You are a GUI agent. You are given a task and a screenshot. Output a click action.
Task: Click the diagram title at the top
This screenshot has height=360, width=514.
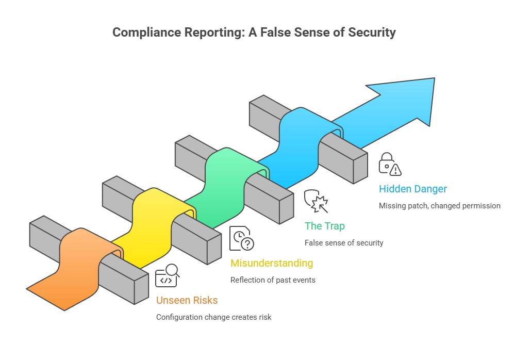(x=254, y=32)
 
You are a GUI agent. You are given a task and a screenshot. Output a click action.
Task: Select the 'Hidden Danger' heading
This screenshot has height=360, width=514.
(x=412, y=189)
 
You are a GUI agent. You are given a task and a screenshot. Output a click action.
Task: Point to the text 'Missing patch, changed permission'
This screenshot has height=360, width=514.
(x=439, y=205)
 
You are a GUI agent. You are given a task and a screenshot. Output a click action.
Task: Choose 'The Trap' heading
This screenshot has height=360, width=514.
(x=324, y=226)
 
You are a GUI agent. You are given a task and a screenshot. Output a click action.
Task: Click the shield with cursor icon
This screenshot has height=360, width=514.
(x=316, y=201)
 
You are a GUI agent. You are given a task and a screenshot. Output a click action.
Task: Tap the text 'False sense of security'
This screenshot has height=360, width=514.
(x=343, y=242)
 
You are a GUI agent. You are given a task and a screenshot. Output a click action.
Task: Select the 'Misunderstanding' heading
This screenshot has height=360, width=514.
(x=271, y=263)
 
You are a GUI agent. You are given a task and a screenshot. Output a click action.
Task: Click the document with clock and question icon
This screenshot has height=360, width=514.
(x=241, y=238)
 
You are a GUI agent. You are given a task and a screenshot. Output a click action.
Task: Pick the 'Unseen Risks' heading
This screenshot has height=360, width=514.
(x=187, y=300)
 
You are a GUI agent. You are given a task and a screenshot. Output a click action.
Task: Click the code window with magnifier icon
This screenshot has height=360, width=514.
(x=167, y=275)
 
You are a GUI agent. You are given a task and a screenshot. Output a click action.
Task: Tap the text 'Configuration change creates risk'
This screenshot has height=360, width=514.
(x=213, y=317)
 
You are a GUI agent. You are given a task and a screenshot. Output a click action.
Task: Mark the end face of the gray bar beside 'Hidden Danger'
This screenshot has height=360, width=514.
(x=360, y=168)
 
